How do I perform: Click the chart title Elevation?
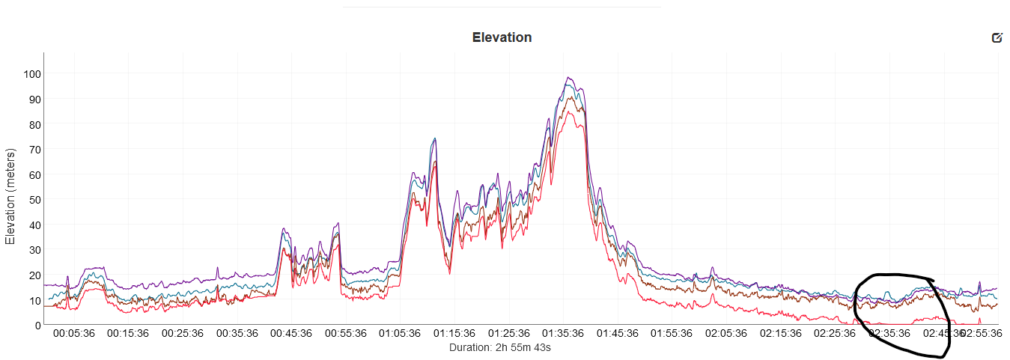click(x=502, y=37)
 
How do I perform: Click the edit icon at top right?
click(x=997, y=37)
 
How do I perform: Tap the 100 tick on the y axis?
click(x=32, y=74)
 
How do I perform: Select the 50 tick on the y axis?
click(x=34, y=200)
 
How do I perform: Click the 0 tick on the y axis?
click(x=37, y=325)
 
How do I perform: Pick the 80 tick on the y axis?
click(x=34, y=124)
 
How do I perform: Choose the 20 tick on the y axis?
click(x=34, y=275)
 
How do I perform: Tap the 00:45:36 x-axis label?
click(x=290, y=334)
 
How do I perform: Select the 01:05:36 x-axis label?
click(x=400, y=334)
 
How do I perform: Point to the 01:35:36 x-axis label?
click(x=563, y=334)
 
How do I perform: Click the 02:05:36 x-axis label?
click(x=726, y=334)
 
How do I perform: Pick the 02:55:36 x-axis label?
click(x=981, y=334)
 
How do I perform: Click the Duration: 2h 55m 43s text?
click(x=501, y=347)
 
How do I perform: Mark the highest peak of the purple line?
click(x=569, y=77)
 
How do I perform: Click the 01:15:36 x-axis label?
click(x=454, y=334)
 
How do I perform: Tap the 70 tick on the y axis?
click(x=34, y=150)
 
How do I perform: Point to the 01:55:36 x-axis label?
click(x=672, y=334)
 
